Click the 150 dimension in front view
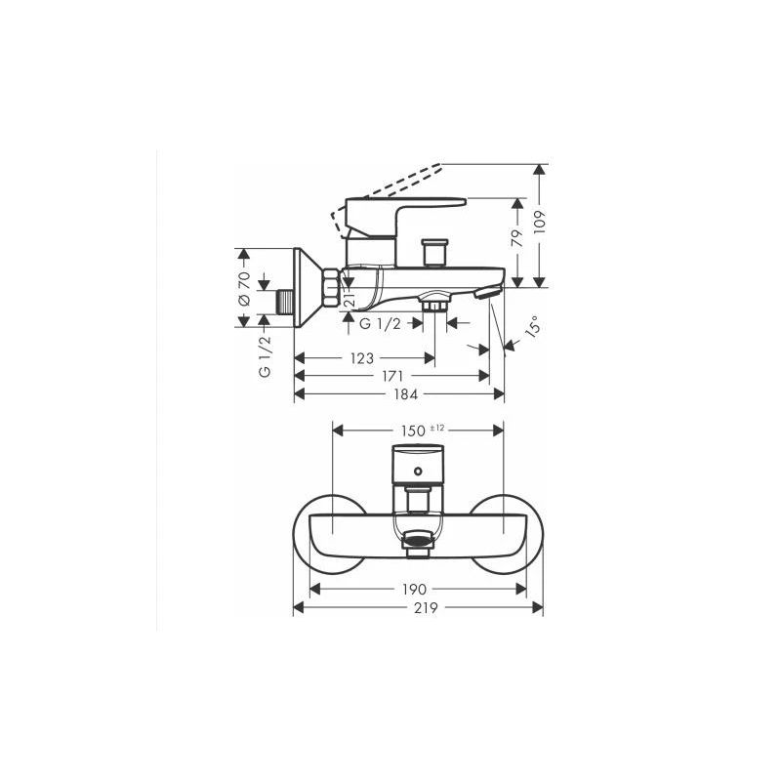click(x=414, y=430)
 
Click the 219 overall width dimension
click(x=420, y=607)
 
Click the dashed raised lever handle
click(x=390, y=185)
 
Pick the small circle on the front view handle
click(x=418, y=473)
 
